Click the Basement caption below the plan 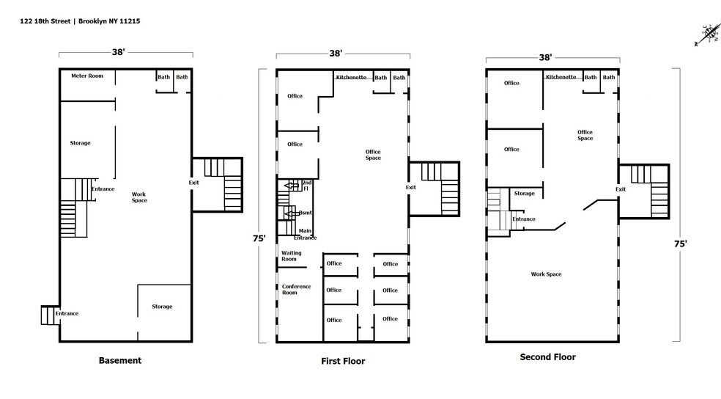tap(119, 360)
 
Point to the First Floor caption tap(342, 361)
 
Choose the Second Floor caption tap(547, 357)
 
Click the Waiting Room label tap(289, 256)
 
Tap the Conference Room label tap(296, 289)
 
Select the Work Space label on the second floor tap(546, 274)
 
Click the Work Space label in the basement tap(139, 197)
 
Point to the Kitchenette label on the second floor tap(561, 77)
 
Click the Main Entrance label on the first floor tap(306, 234)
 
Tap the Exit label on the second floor tap(621, 189)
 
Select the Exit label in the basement tap(193, 182)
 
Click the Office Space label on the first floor tap(373, 155)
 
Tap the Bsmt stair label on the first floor tap(306, 213)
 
